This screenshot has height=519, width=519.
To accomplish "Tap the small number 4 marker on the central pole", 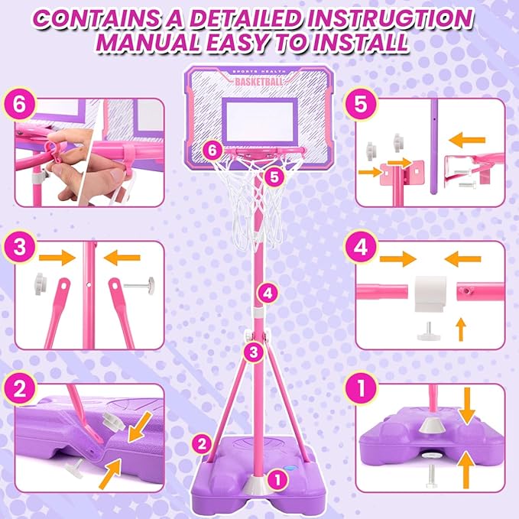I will pyautogui.click(x=264, y=291).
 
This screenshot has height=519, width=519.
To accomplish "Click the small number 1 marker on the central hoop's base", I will pyautogui.click(x=278, y=480).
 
